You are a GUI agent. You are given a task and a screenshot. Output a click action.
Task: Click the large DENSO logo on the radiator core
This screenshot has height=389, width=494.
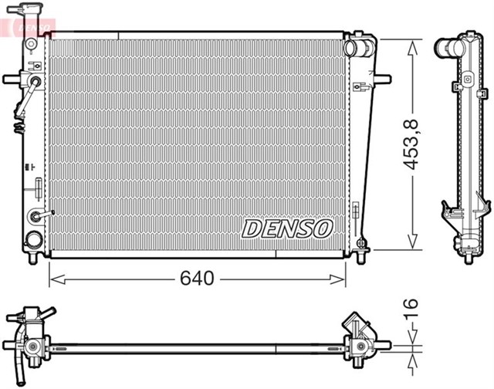click(287, 228)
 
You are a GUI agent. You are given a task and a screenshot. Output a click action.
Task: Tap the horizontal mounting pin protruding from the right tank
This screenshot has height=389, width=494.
click(382, 78)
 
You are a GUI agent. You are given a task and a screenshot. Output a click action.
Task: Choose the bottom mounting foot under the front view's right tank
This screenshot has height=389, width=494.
click(360, 254)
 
